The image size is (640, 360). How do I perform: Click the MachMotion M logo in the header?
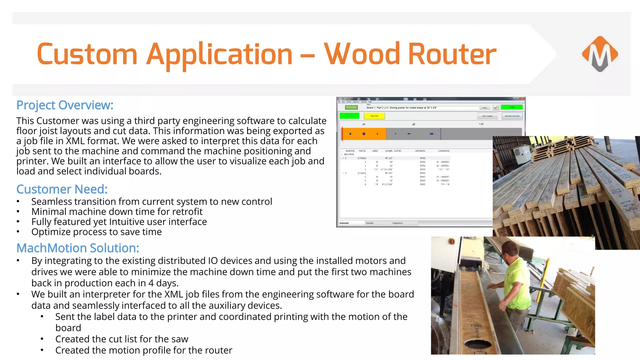point(600,54)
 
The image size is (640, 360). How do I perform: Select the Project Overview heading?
point(65,105)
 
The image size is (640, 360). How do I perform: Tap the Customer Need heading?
point(62,189)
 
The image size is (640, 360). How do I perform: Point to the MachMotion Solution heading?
point(77,248)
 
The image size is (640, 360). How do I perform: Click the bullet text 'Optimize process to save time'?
point(96,232)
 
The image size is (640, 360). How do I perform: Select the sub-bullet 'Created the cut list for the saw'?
point(122,339)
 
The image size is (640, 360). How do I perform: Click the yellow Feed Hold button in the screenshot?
point(374,116)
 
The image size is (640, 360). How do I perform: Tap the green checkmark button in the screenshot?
point(496,107)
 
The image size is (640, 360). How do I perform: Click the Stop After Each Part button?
point(512,116)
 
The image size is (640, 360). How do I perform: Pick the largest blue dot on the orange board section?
point(364,134)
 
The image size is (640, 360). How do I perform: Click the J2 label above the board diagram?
point(413,124)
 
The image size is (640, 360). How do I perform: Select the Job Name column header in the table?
point(420,151)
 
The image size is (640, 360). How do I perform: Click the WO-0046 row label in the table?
point(349,154)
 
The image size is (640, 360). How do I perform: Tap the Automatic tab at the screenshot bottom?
point(344,223)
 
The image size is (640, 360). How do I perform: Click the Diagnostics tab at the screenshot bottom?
point(397,223)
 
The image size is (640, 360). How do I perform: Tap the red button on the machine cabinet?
point(451,241)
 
